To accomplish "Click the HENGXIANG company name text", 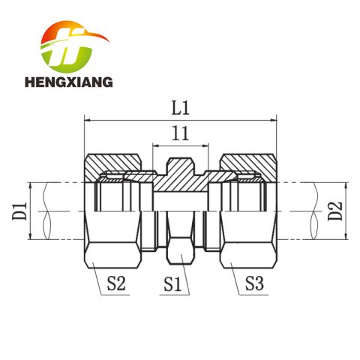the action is point(69,82).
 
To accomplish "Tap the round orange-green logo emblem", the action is point(71,47).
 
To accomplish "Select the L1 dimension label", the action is point(180,108).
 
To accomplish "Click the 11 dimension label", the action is point(180,133).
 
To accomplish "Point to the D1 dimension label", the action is point(19,211).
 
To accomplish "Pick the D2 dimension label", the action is point(335,211).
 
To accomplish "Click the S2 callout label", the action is point(116,283).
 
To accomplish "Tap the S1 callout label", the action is point(172,284).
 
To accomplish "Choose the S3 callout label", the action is point(254,283).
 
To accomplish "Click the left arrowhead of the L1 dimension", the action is point(87,121).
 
